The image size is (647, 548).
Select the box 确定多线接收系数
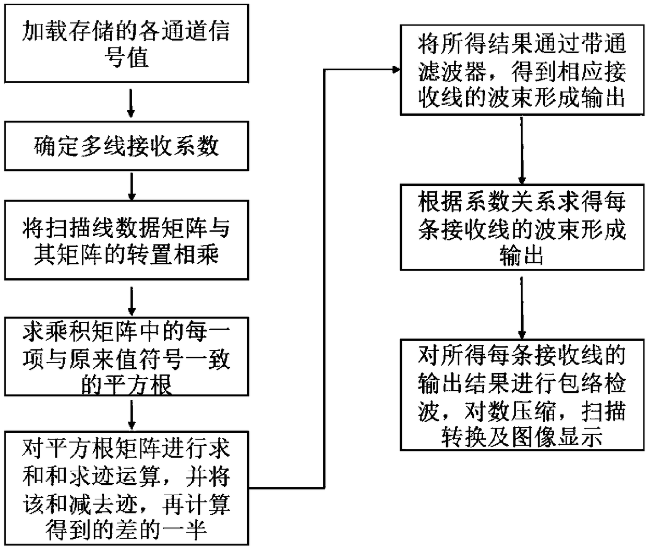tap(126, 146)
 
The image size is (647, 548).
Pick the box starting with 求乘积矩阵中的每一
tap(126, 357)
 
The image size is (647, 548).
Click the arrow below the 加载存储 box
tap(131, 104)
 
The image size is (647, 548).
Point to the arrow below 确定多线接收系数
tap(132, 186)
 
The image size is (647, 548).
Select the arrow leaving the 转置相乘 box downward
tap(132, 300)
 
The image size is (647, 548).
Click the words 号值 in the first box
tap(126, 56)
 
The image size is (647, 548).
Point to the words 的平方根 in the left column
tap(126, 386)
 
